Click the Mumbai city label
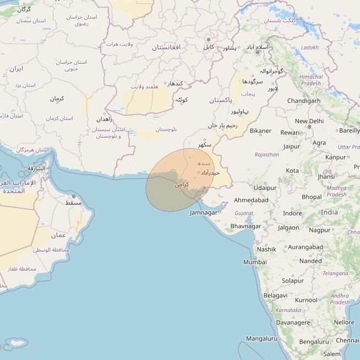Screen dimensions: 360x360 255,262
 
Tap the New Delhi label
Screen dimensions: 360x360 309,121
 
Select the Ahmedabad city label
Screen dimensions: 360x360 251,200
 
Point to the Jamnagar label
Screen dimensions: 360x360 203,212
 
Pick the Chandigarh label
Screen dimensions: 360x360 303,101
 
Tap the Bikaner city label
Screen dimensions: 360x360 260,131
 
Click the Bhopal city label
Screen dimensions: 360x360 312,197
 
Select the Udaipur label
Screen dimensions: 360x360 265,188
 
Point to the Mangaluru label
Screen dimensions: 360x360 262,339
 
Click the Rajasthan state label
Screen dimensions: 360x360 266,155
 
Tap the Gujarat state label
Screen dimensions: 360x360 244,213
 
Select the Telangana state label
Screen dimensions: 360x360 335,274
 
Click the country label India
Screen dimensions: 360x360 330,212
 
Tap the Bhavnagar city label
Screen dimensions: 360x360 246,226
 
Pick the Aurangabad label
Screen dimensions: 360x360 305,247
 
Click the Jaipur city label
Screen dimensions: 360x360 292,146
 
